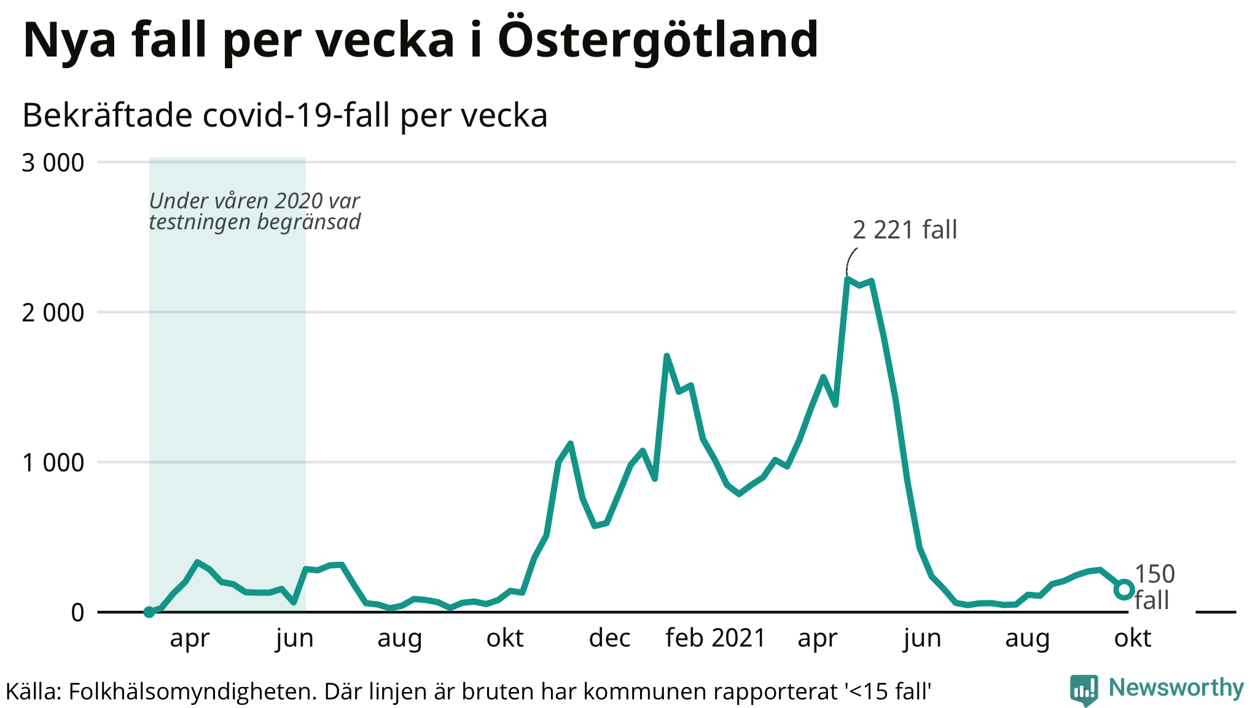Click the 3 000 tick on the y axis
(53, 163)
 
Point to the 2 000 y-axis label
(53, 313)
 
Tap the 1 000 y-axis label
(53, 463)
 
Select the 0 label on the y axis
(77, 613)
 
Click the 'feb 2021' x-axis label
(716, 639)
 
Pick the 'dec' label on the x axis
(609, 639)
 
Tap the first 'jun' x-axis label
(295, 639)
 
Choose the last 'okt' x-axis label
(1132, 639)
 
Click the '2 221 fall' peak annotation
(905, 230)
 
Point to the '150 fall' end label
(1154, 587)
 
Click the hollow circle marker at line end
(1123, 589)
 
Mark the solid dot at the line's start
(149, 612)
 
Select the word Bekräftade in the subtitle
(107, 116)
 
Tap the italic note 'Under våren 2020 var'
(254, 201)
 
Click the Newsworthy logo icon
(1084, 690)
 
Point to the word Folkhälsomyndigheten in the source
(192, 692)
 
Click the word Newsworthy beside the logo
(1176, 688)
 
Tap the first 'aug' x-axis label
(399, 639)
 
